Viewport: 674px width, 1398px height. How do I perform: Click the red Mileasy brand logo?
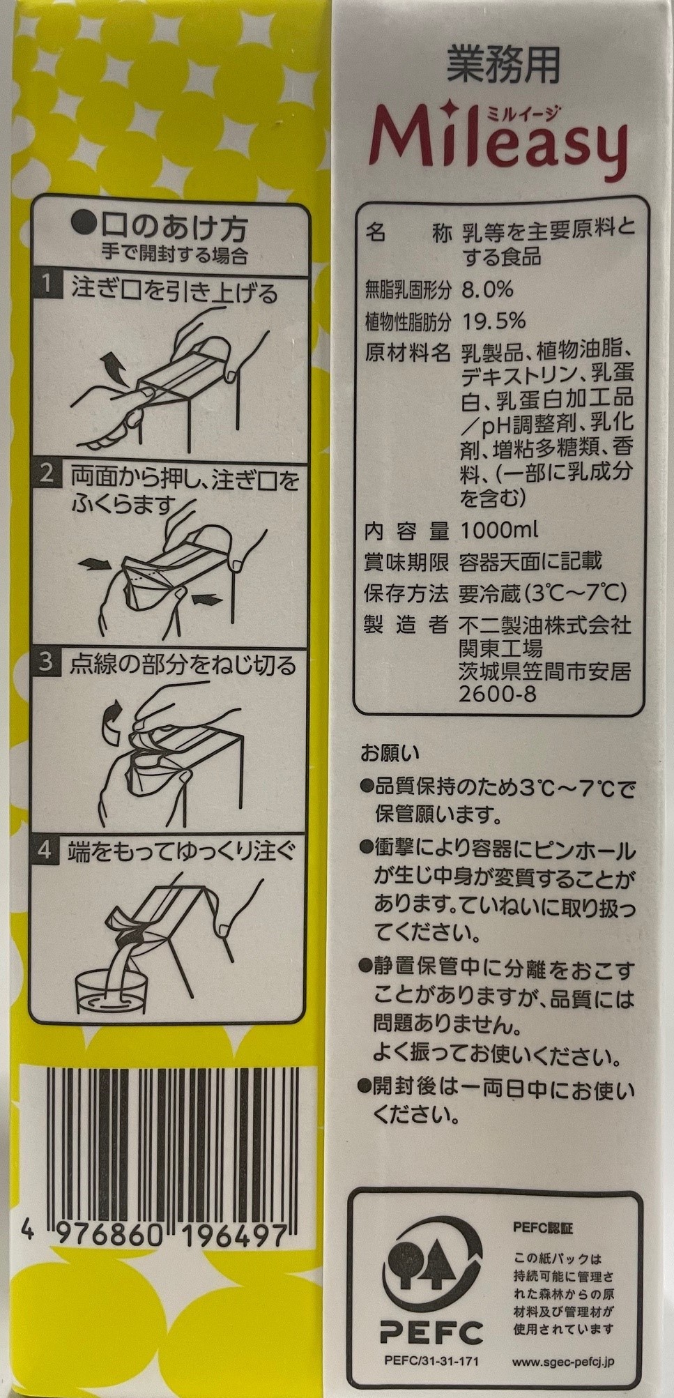tap(501, 144)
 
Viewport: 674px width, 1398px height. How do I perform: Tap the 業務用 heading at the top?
tap(503, 68)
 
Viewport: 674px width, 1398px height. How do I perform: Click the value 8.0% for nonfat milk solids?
tap(487, 289)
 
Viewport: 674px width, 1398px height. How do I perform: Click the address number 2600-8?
tap(498, 694)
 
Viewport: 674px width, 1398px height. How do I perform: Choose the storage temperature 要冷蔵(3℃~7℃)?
tap(543, 593)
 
